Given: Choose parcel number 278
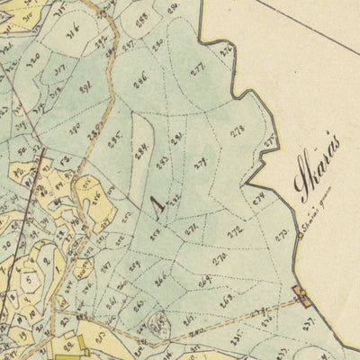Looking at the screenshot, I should coord(238,133).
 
